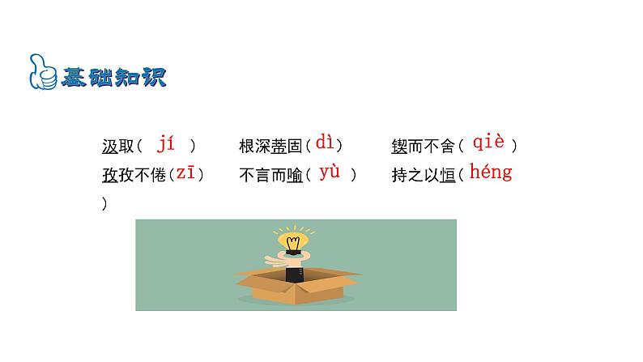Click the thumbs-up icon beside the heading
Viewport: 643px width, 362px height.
(41, 72)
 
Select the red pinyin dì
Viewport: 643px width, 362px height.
(325, 143)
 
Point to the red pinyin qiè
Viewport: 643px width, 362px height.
(488, 143)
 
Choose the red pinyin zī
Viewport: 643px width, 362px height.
(185, 173)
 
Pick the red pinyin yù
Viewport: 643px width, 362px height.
(330, 172)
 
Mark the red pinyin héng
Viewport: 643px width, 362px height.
(491, 172)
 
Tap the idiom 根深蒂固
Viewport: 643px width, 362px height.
(270, 146)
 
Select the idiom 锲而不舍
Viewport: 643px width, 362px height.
(423, 146)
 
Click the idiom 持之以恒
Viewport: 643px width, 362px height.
(423, 175)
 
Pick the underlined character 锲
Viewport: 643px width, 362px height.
(399, 146)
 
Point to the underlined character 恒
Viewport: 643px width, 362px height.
(446, 175)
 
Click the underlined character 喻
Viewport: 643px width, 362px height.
(294, 175)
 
